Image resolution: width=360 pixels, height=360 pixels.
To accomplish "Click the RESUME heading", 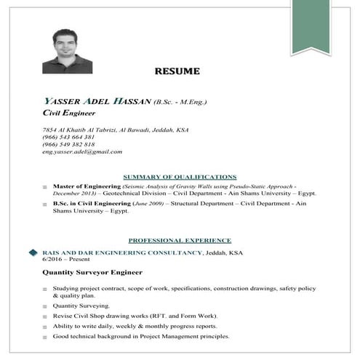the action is click(180, 71).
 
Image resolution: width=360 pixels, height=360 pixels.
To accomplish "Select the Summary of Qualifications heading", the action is click(180, 177).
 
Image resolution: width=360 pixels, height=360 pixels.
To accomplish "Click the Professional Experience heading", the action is click(180, 239).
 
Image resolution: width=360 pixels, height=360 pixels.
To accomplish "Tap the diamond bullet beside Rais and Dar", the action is click(33, 252).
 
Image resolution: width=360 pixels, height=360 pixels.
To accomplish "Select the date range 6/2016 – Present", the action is click(63, 260).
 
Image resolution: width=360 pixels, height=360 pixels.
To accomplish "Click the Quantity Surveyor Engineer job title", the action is click(91, 273).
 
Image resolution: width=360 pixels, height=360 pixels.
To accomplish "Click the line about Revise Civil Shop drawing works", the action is click(135, 316).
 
